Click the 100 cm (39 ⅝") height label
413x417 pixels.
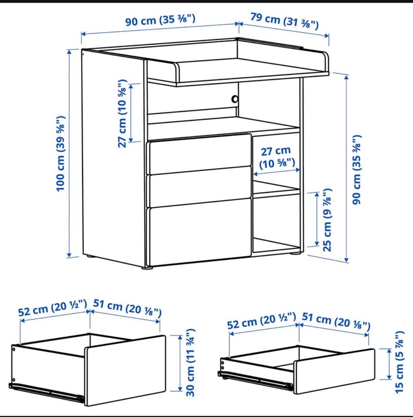click(x=61, y=154)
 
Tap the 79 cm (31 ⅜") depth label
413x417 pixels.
click(x=284, y=21)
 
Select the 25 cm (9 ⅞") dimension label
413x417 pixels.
click(x=328, y=220)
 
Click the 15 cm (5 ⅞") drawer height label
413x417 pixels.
click(x=399, y=362)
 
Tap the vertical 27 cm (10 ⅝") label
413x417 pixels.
click(x=123, y=114)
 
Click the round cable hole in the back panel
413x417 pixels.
click(x=235, y=99)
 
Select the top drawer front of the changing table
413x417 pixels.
click(x=200, y=154)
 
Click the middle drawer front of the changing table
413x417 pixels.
click(x=200, y=187)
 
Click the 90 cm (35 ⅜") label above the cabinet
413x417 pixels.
click(x=160, y=20)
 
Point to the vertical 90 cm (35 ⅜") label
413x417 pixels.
click(x=357, y=170)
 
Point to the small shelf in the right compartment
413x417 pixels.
click(x=276, y=189)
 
